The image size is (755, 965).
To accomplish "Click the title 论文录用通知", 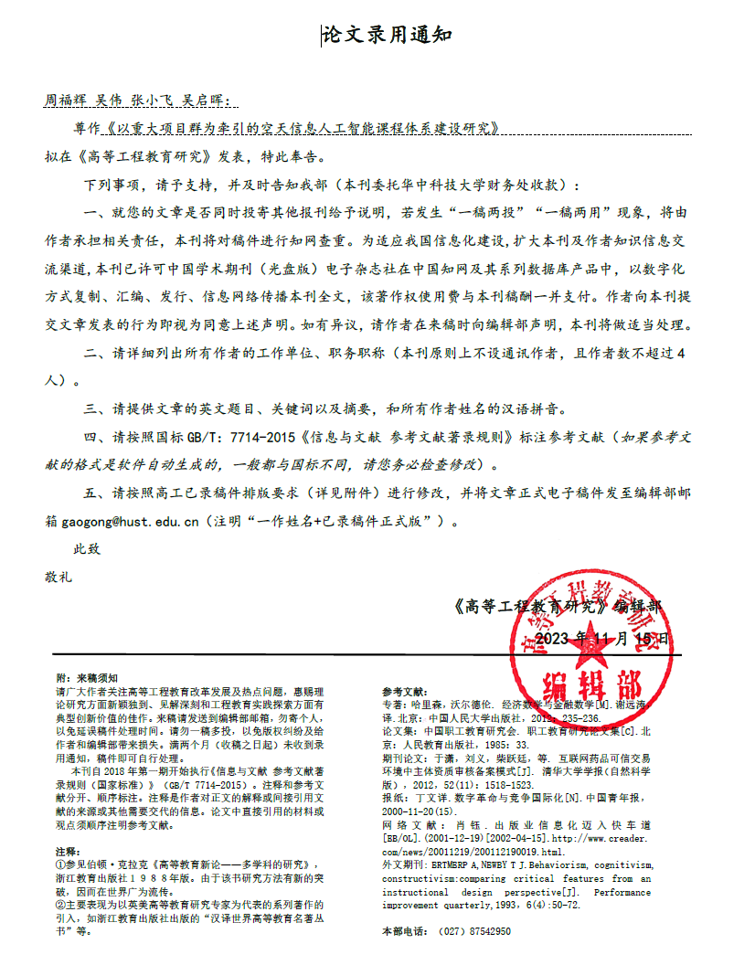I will tap(387, 36).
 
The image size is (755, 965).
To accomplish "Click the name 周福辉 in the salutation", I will tap(66, 100).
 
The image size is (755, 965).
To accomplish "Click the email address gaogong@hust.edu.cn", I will tap(131, 523).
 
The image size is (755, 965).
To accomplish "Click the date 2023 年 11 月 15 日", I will tap(601, 638).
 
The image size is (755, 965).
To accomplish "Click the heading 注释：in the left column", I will tap(69, 851).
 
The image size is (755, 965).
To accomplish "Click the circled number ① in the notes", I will tap(60, 864).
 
